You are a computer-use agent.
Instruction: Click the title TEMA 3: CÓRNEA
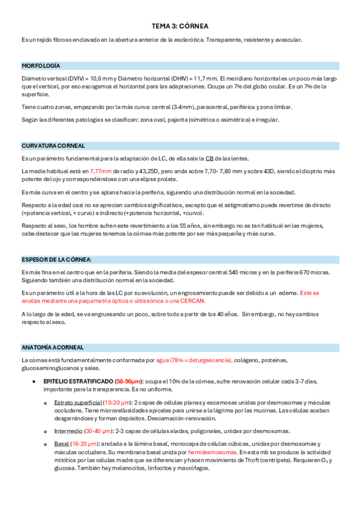tap(180, 27)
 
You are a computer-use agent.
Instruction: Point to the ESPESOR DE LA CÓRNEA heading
tap(56, 259)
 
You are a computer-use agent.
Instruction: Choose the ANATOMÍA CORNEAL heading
tap(52, 348)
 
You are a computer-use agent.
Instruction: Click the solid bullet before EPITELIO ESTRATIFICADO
tap(34, 381)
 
